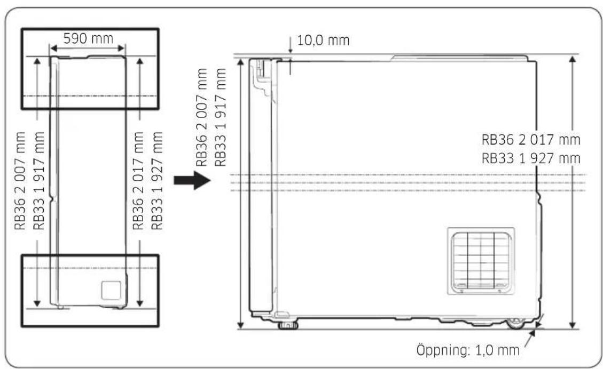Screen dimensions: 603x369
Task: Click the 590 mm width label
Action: [x=88, y=38]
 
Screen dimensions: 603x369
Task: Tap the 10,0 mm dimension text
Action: [x=324, y=41]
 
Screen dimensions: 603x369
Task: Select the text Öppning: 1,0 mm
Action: [x=468, y=350]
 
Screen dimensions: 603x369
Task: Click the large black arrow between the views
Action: [x=192, y=180]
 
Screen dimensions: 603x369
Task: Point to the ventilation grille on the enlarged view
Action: [x=481, y=261]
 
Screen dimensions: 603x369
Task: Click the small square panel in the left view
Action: [x=111, y=290]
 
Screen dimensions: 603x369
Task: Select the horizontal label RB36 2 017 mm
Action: [x=531, y=140]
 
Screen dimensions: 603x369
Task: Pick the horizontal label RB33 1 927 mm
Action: [x=531, y=158]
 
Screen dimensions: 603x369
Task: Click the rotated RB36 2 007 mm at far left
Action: [x=20, y=180]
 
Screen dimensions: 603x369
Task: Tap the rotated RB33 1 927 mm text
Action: [x=157, y=180]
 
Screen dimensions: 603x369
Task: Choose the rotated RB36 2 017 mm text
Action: [x=138, y=180]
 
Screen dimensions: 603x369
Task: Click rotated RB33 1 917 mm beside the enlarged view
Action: [x=220, y=117]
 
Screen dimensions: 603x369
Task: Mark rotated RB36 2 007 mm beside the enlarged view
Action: [x=201, y=117]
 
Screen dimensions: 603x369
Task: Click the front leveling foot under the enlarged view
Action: [x=288, y=326]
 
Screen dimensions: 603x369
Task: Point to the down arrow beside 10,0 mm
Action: [x=290, y=45]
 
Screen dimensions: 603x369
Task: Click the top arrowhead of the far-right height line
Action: [x=573, y=59]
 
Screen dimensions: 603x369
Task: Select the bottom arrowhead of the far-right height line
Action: [x=573, y=325]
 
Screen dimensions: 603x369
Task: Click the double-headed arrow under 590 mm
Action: [x=88, y=49]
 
